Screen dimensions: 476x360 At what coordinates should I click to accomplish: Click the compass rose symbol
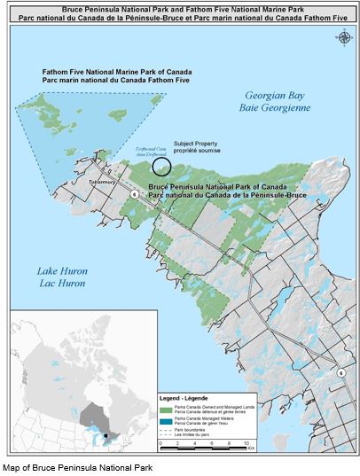point(342,36)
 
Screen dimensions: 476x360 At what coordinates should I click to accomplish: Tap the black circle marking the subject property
point(160,165)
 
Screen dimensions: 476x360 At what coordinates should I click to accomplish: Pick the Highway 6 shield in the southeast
point(341,373)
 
